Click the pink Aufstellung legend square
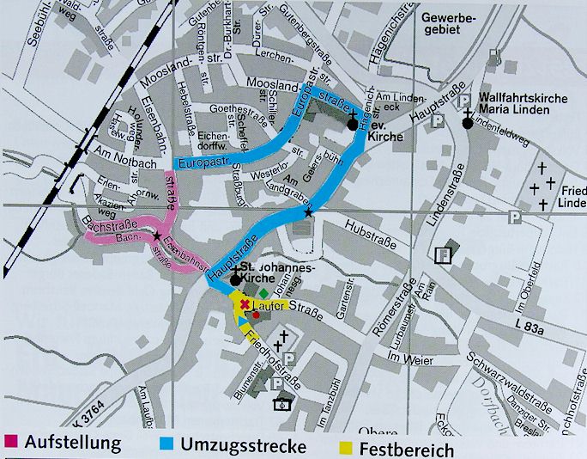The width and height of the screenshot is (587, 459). point(10,443)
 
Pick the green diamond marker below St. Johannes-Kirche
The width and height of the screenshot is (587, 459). point(263,293)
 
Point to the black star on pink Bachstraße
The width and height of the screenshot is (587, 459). point(156,235)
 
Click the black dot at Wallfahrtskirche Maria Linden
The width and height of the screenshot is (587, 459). point(468,123)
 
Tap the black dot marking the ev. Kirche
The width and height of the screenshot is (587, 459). point(353,125)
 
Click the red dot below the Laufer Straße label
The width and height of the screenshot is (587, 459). point(255,315)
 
